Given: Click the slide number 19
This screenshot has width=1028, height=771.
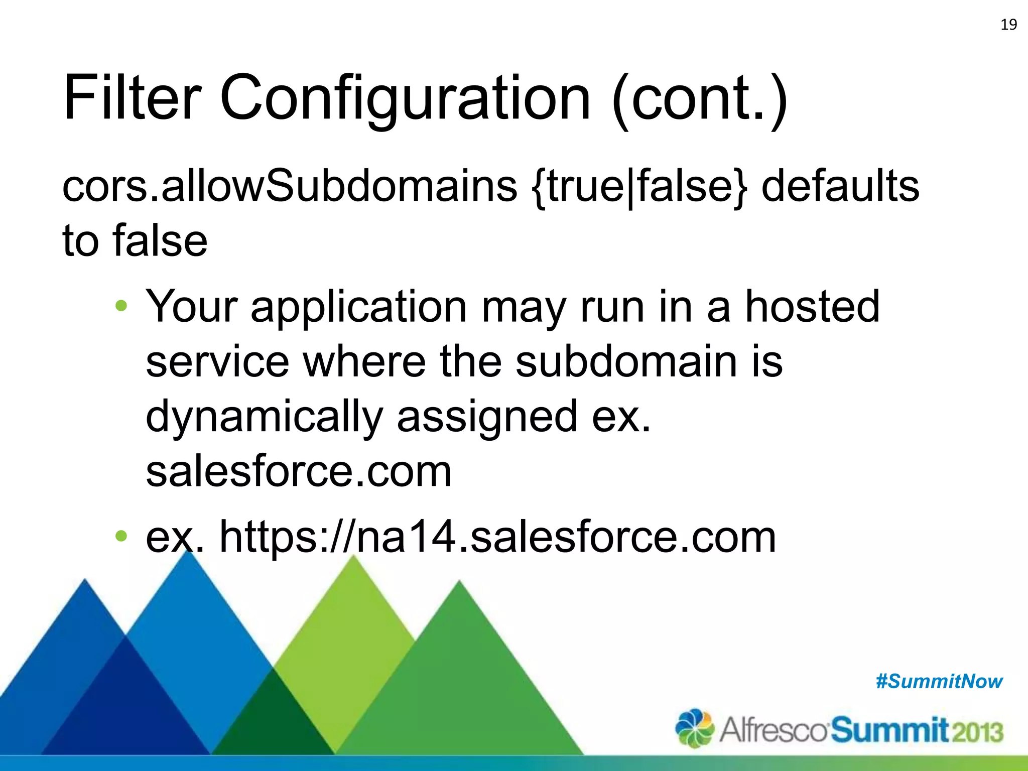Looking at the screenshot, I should (1008, 25).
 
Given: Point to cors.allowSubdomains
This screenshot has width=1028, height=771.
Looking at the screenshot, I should (289, 186).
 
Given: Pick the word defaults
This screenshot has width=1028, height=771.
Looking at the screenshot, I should (840, 186).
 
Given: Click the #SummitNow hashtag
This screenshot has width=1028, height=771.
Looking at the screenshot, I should (939, 681).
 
